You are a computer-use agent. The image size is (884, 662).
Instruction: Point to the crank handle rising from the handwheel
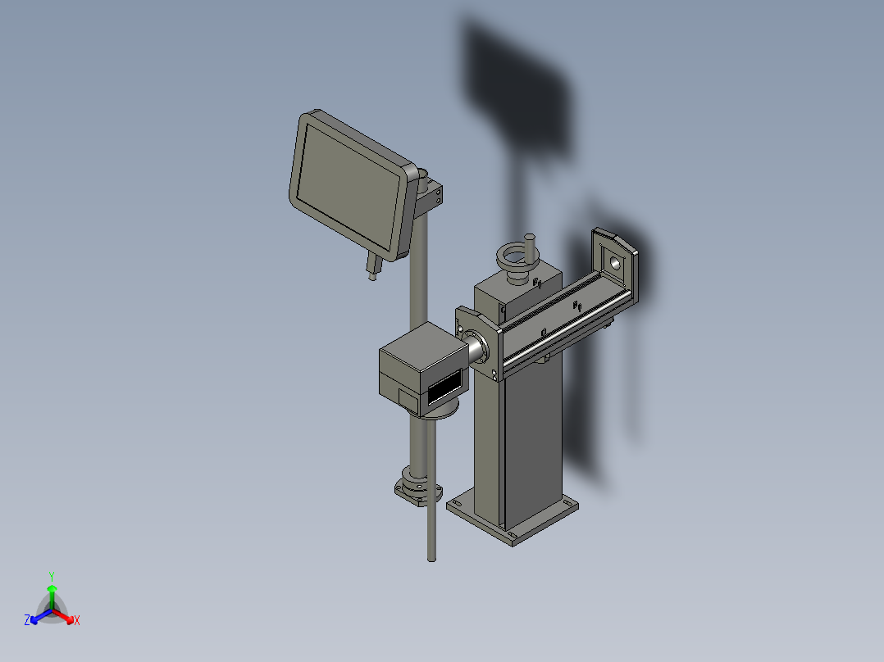coord(529,246)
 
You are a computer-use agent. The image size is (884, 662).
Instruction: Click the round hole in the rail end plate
coord(613,263)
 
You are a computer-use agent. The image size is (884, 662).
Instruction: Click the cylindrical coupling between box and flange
coord(475,347)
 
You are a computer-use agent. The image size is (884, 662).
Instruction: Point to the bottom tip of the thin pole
coord(431,559)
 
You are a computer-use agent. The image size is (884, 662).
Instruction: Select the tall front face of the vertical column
coord(533,442)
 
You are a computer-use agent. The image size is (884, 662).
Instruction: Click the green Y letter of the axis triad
coord(51,576)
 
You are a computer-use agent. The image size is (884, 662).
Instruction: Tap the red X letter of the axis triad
coord(76,621)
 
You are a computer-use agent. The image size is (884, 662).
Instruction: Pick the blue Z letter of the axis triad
coord(27,621)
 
